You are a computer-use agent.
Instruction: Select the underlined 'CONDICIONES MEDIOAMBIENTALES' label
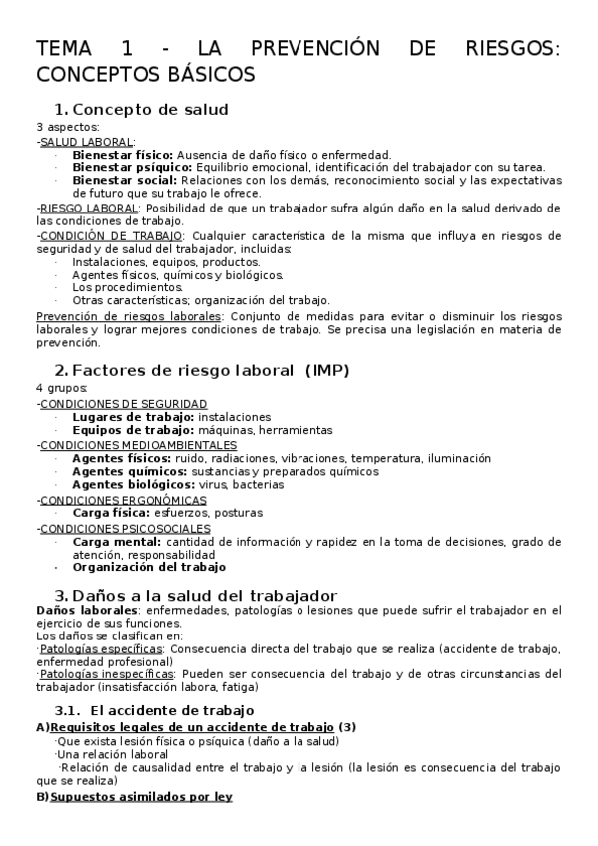pyautogui.click(x=138, y=444)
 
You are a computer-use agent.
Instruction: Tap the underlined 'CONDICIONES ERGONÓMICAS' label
pyautogui.click(x=123, y=499)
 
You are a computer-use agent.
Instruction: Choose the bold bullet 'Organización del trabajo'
pyautogui.click(x=150, y=567)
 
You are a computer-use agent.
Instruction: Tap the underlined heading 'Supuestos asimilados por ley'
pyautogui.click(x=141, y=796)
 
